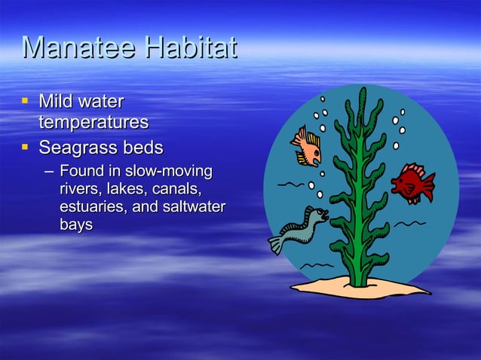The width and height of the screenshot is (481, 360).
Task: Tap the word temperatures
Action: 93,122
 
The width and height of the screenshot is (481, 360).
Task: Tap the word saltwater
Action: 191,206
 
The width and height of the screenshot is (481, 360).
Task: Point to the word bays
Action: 76,224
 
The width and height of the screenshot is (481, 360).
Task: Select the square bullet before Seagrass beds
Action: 26,145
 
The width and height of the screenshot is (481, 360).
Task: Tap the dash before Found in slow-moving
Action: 49,171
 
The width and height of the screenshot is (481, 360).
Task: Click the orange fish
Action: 307,146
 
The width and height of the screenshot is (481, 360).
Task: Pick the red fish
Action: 412,183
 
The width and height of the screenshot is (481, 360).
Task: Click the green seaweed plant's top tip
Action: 363,92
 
